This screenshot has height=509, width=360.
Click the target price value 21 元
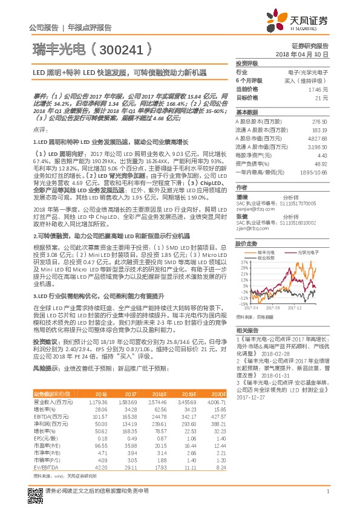tap(322, 97)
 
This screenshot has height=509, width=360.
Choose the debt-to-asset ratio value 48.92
tap(320, 163)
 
